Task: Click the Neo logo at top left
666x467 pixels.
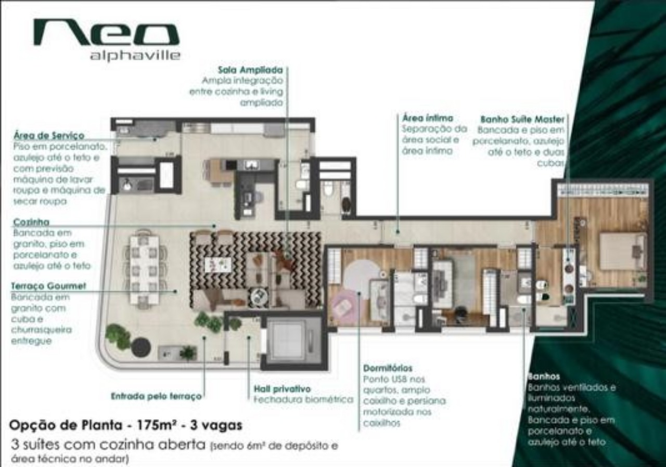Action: (x=106, y=33)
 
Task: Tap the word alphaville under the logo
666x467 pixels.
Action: (x=135, y=56)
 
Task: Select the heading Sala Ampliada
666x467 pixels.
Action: (x=250, y=70)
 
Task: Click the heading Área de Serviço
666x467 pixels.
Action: (x=49, y=136)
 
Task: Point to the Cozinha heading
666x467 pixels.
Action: (x=31, y=222)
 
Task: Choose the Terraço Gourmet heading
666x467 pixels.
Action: (x=48, y=286)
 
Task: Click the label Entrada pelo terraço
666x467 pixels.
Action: (x=156, y=396)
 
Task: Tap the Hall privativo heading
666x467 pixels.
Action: (x=282, y=388)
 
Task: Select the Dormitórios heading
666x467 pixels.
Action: (x=388, y=368)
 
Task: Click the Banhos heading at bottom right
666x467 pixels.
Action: (x=544, y=376)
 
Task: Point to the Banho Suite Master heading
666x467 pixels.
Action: (x=522, y=119)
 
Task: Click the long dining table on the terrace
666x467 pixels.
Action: (x=145, y=268)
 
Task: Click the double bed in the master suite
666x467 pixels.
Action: (x=622, y=251)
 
